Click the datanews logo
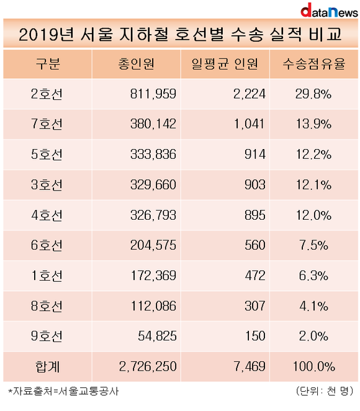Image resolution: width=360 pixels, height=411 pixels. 329,11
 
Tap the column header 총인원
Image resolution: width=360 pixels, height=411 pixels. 137,64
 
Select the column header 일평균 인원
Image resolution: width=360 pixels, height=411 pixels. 225,64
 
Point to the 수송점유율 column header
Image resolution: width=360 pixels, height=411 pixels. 314,64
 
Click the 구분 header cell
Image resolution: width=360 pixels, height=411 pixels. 48,64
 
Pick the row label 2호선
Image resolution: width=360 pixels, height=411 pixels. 47,94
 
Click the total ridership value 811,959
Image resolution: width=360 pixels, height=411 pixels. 153,94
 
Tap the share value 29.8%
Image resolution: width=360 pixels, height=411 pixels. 313,94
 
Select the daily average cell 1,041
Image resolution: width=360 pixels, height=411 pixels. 249,124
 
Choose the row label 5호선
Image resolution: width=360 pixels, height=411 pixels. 47,155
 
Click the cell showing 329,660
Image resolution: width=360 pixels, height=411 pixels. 153,184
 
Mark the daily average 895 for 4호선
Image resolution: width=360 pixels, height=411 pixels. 255,215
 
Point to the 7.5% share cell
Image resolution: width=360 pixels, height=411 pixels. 313,245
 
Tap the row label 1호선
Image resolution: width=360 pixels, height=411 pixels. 47,276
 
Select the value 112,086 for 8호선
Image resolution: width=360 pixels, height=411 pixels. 153,306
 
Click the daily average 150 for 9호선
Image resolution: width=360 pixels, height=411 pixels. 255,336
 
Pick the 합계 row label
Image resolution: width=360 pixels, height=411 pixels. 47,366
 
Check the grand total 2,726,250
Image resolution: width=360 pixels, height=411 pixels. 148,366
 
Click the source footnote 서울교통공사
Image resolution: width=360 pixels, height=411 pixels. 88,391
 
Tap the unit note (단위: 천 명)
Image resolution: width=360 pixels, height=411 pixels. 325,391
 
